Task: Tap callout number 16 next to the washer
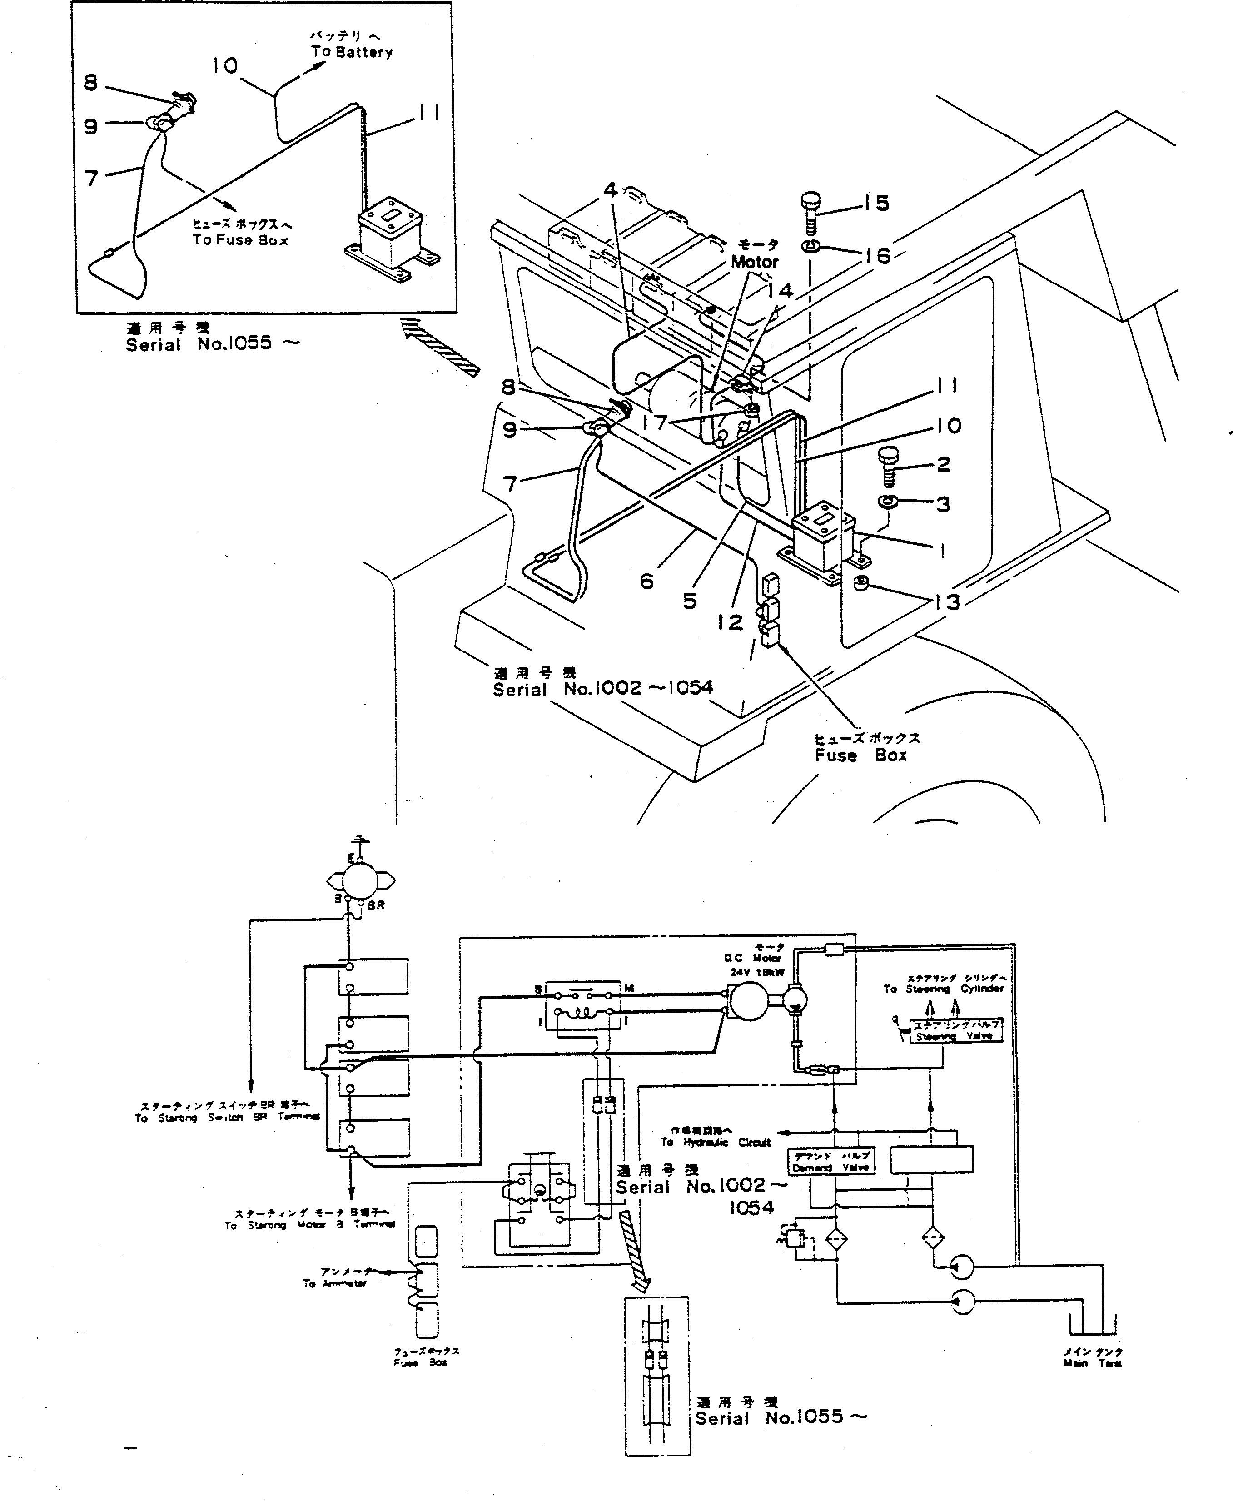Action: click(879, 256)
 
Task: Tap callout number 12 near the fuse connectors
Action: click(730, 623)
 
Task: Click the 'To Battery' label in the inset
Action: click(352, 52)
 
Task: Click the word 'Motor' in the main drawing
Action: click(754, 262)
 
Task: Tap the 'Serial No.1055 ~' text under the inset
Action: click(212, 343)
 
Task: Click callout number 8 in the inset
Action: click(90, 83)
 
